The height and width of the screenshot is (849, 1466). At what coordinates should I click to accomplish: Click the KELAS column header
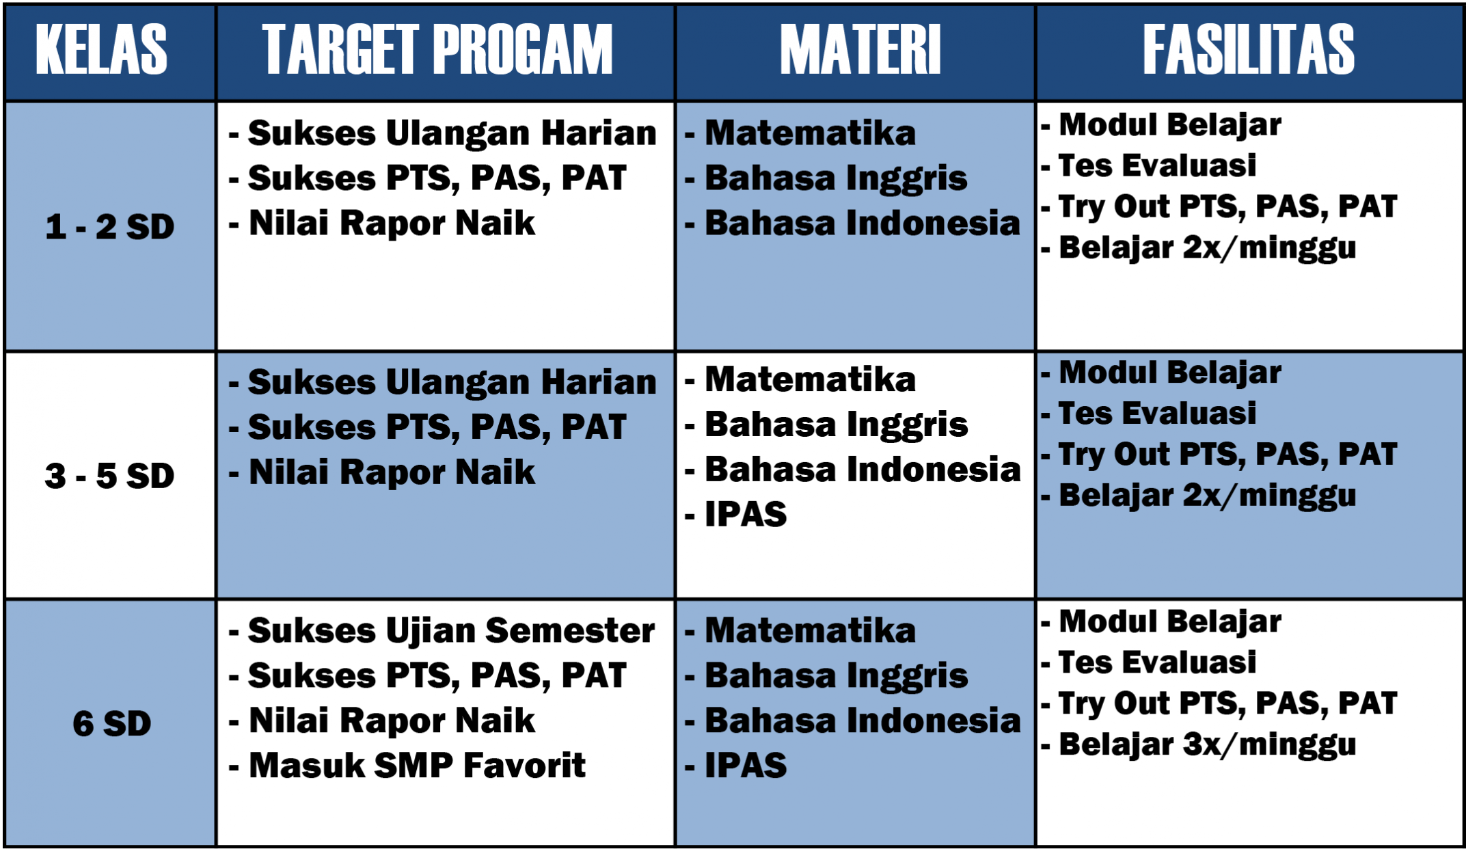[x=101, y=49]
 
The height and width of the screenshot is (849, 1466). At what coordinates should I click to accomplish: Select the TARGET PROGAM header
[x=437, y=49]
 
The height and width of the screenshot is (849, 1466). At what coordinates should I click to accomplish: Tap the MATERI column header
[x=860, y=49]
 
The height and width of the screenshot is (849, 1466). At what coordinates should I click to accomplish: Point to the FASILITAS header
[x=1249, y=49]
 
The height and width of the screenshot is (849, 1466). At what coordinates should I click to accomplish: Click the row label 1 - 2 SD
[x=110, y=227]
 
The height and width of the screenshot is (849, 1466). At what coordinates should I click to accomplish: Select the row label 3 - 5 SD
[x=110, y=476]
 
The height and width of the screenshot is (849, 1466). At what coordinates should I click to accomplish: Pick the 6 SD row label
[x=112, y=724]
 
